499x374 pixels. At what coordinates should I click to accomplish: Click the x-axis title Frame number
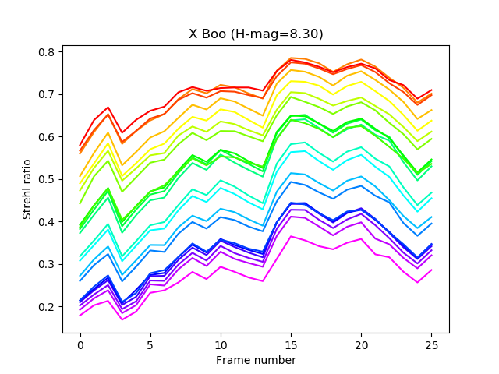(256, 360)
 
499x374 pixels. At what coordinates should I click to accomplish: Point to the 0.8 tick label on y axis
(47, 52)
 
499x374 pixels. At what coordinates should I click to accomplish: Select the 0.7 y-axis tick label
(47, 94)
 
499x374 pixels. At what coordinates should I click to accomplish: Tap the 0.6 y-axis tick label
(47, 137)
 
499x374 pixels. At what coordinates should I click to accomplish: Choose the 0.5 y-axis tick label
(47, 179)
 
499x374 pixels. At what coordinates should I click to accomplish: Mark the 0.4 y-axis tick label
(47, 222)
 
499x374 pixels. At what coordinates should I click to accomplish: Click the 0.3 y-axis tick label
(47, 264)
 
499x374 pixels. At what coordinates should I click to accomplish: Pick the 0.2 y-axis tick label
(47, 307)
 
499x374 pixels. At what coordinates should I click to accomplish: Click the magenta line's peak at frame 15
(292, 236)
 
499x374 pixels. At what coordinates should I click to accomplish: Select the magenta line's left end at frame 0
(80, 316)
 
